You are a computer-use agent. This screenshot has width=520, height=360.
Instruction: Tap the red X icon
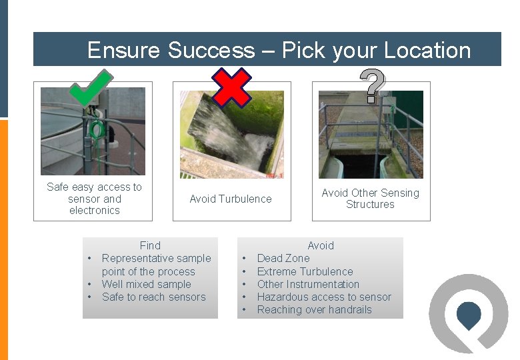point(231,87)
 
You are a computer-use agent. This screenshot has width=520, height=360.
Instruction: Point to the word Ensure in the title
point(124,50)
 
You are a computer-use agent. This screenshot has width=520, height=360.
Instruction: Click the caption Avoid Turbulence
point(231,199)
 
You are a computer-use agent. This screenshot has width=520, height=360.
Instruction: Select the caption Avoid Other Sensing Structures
point(370,199)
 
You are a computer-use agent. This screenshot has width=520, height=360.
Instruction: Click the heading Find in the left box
point(150,245)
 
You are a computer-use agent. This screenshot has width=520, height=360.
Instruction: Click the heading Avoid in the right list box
point(320,245)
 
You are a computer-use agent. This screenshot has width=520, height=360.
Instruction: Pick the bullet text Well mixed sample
point(146,284)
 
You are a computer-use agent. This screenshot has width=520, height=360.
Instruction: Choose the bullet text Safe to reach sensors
point(153,297)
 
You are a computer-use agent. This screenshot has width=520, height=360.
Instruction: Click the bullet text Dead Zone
point(283,258)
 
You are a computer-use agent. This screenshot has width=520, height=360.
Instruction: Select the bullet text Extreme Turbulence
point(305,271)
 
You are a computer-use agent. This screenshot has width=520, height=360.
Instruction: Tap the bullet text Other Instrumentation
point(308,284)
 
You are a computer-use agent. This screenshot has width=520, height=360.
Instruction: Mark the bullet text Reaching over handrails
point(314,309)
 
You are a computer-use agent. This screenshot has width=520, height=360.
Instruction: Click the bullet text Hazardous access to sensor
point(324,297)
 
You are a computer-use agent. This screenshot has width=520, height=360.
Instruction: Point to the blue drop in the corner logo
point(469,315)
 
